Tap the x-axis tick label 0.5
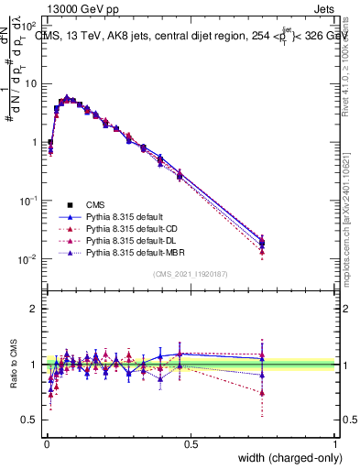191,443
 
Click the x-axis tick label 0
46,443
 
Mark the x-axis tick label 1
335,443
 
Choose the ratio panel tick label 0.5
30,420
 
